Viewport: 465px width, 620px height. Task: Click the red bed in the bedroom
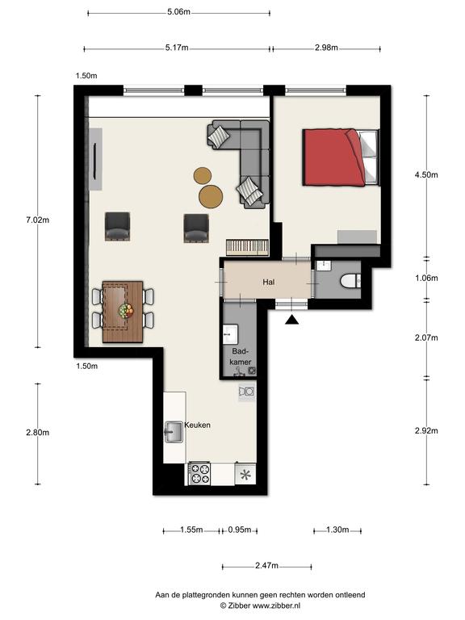[340, 157]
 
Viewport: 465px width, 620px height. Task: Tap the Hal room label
[269, 282]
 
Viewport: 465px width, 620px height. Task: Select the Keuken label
[197, 425]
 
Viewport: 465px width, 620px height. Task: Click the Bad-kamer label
[241, 356]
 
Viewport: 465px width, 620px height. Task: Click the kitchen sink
[174, 432]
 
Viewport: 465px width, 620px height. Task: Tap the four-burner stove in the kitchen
[199, 474]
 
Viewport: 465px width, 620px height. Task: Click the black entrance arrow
[291, 320]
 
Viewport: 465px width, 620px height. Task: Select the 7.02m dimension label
[38, 220]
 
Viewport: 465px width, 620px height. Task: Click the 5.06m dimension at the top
[178, 12]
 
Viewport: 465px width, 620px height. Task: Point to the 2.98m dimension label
[326, 48]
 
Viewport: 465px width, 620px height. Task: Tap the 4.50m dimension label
[426, 174]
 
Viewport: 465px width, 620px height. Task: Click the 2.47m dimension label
[266, 566]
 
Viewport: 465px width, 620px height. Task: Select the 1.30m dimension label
[337, 530]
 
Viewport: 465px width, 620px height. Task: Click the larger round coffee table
[211, 196]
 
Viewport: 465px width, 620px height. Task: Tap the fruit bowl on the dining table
[126, 310]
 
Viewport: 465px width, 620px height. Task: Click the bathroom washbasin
[230, 334]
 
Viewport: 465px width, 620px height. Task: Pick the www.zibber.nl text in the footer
[276, 605]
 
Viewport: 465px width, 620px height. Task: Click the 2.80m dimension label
[38, 433]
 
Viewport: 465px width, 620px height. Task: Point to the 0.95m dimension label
[240, 530]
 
